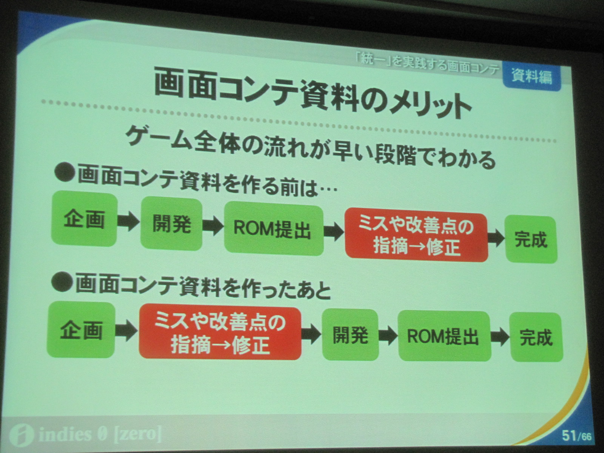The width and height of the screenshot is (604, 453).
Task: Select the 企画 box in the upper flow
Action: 84,219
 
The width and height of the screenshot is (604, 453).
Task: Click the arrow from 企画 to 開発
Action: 129,222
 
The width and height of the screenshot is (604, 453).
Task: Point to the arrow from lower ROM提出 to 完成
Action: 500,337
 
